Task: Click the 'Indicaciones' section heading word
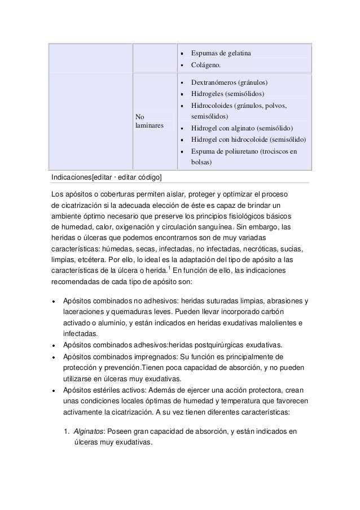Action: tap(71, 178)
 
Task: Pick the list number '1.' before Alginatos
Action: tap(67, 433)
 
